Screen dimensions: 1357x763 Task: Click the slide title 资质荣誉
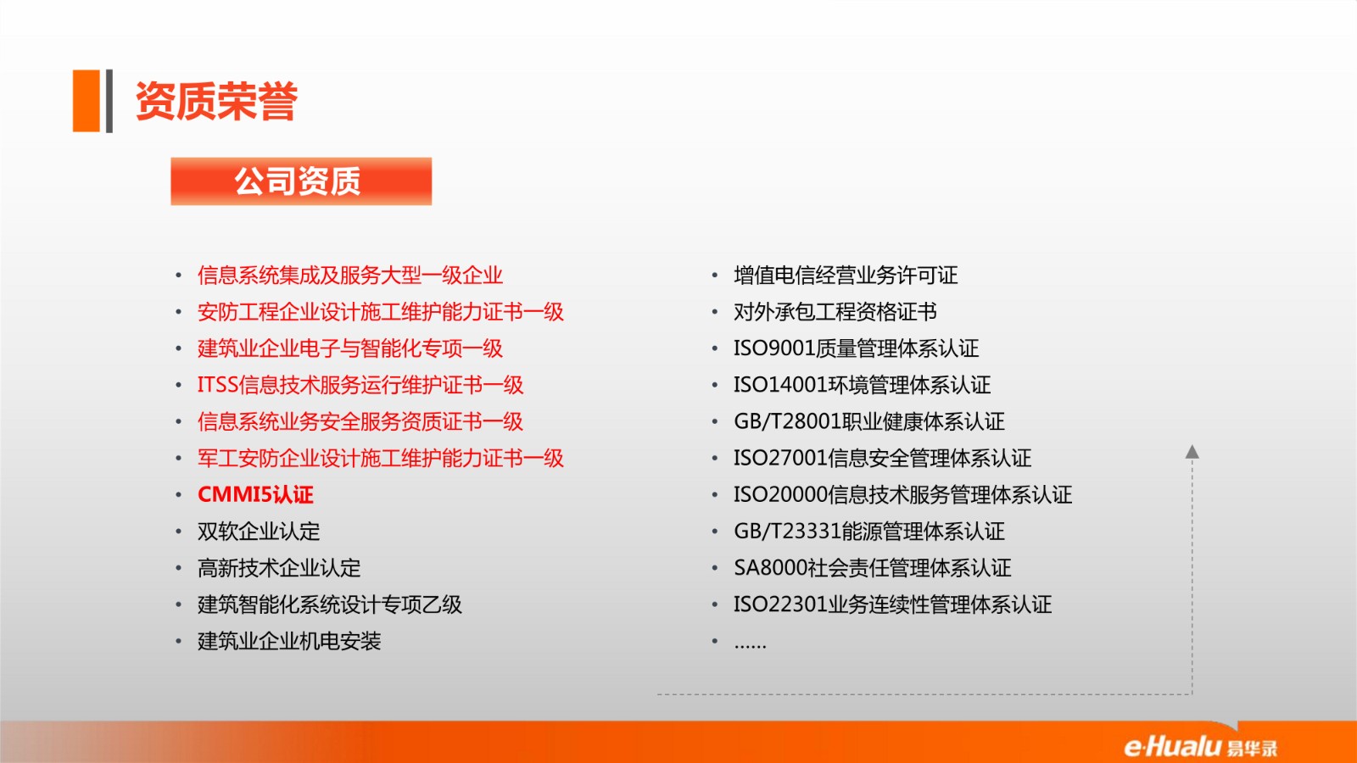coord(216,101)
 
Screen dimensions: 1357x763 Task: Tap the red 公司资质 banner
coord(301,181)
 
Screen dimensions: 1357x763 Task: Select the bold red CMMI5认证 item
coord(255,495)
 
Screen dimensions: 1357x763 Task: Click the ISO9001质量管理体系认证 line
coord(856,348)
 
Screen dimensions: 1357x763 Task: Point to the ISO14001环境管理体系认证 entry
coord(862,385)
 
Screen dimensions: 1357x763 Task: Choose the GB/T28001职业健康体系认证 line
coord(869,421)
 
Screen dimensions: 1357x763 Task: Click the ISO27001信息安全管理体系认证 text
coord(882,458)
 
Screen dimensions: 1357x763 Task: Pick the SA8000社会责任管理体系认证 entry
coord(873,568)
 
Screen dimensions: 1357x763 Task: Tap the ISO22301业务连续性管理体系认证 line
coord(892,604)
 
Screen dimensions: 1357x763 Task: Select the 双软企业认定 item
coord(259,532)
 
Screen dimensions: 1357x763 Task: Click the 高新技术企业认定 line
coord(279,568)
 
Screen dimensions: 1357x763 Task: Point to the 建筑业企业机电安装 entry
coord(289,641)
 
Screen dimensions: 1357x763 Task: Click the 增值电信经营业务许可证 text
coord(846,276)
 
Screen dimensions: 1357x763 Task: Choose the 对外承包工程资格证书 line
coord(835,312)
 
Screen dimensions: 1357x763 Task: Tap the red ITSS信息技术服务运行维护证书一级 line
coord(360,385)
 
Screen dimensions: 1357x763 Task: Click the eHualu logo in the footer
coord(1201,746)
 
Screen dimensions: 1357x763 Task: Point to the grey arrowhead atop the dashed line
coord(1192,451)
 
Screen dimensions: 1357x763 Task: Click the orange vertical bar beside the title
coord(86,101)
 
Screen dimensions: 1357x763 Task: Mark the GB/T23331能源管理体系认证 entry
coord(869,532)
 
